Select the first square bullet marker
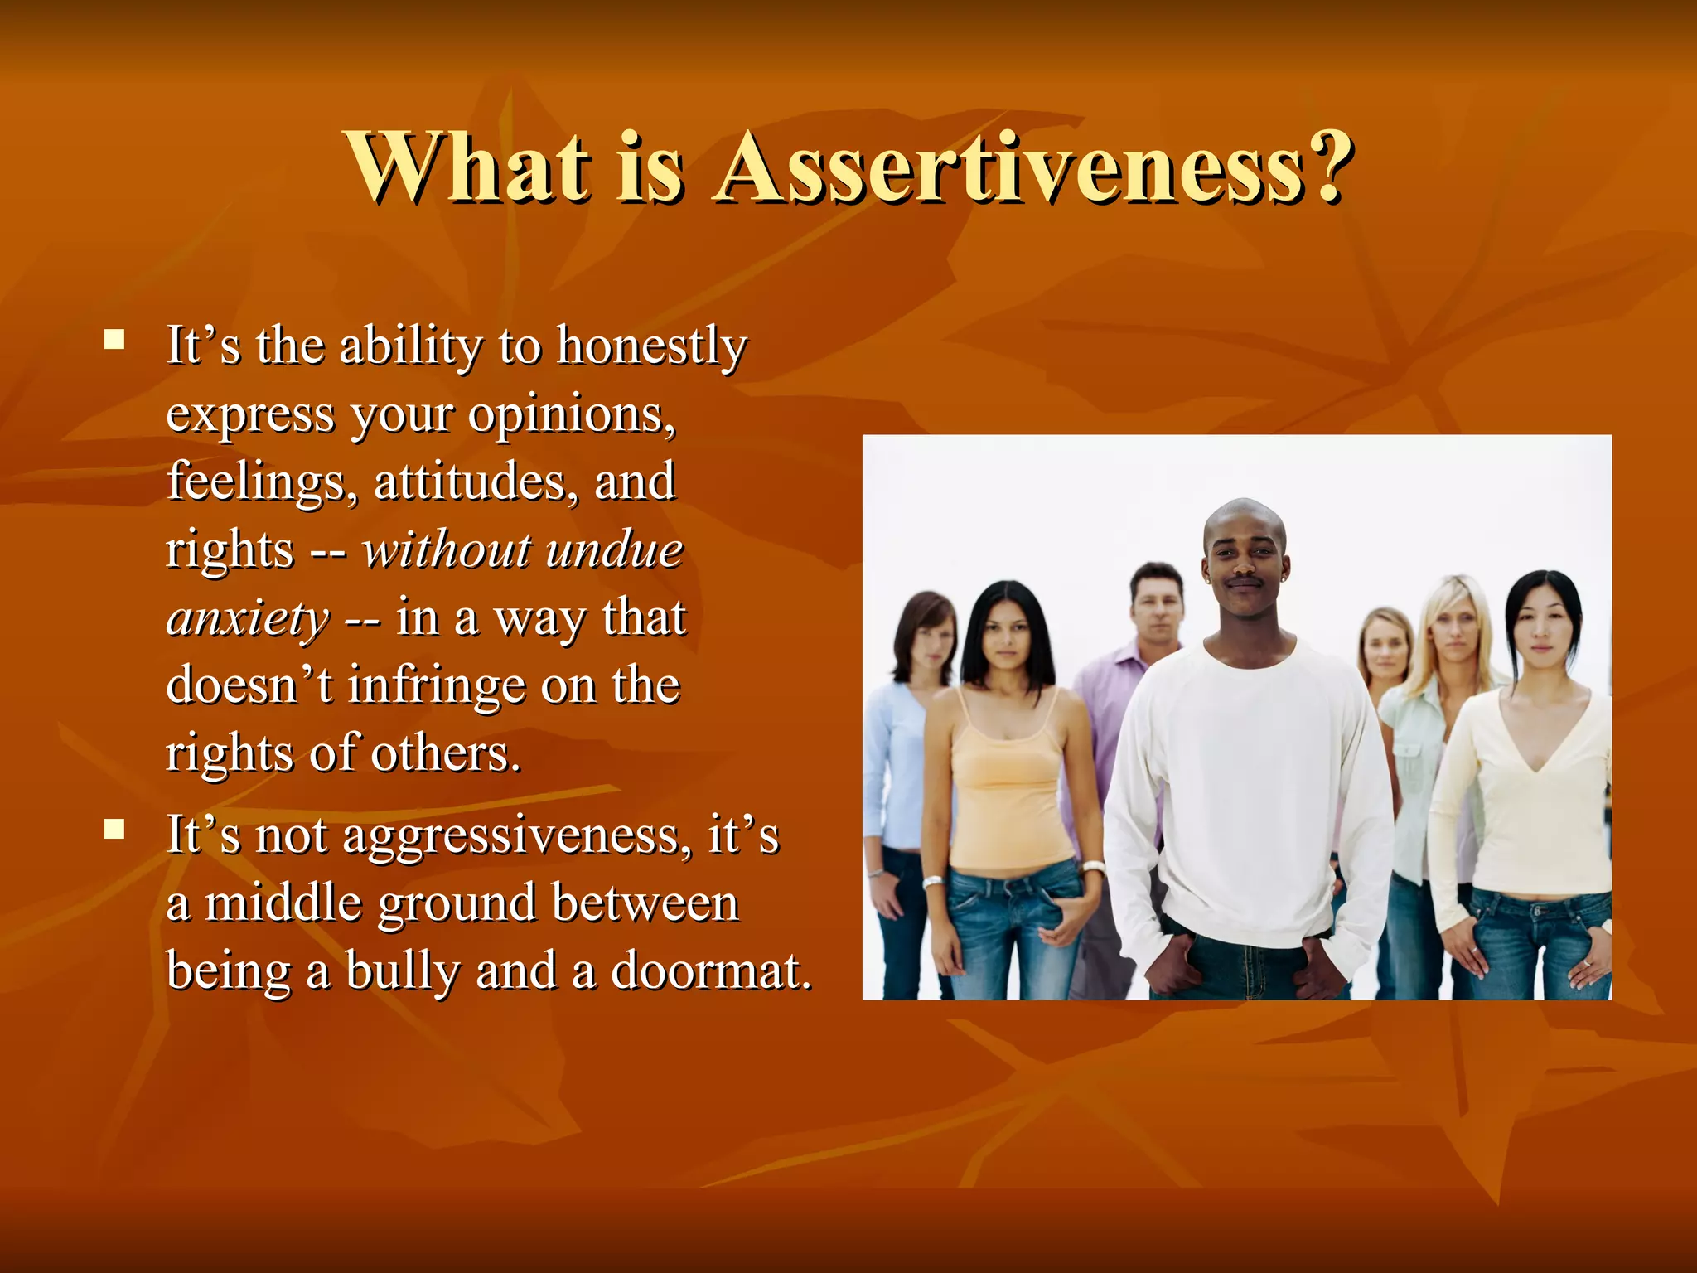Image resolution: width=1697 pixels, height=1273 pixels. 114,340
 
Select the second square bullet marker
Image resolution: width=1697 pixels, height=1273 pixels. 114,829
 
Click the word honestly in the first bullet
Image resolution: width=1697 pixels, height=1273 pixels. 651,346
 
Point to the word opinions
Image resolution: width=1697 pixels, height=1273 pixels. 572,414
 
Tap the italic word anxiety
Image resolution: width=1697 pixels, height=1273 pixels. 247,619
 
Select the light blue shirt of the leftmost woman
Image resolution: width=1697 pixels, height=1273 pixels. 895,762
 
